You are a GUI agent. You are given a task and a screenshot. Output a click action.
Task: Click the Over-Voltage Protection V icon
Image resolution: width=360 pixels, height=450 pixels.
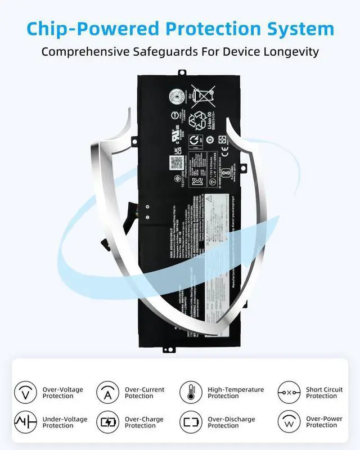[25, 392]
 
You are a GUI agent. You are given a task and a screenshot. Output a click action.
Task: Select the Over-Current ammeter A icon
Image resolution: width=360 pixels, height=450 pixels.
[107, 392]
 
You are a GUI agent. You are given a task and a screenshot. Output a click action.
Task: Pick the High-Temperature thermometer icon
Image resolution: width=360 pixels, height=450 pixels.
[191, 392]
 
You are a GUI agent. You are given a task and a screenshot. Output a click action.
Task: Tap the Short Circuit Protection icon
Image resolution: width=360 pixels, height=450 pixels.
[289, 392]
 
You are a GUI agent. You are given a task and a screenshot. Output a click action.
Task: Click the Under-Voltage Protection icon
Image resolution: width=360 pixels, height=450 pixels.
[25, 422]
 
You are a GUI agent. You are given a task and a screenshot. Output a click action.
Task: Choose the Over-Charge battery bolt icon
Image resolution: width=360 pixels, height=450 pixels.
[107, 422]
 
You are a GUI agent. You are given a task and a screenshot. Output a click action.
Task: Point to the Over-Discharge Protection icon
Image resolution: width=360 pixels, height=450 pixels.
[191, 422]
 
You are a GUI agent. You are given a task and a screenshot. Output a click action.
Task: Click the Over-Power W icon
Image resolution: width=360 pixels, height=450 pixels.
[289, 422]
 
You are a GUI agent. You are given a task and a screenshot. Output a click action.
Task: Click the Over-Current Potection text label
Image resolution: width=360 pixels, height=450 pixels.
[145, 393]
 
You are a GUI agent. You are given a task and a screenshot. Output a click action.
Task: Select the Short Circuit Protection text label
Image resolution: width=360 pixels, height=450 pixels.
[324, 393]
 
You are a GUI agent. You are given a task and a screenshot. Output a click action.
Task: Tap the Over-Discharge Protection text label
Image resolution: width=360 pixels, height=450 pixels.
[231, 422]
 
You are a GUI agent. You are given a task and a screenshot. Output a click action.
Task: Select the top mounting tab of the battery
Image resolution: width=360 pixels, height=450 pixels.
[182, 72]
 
